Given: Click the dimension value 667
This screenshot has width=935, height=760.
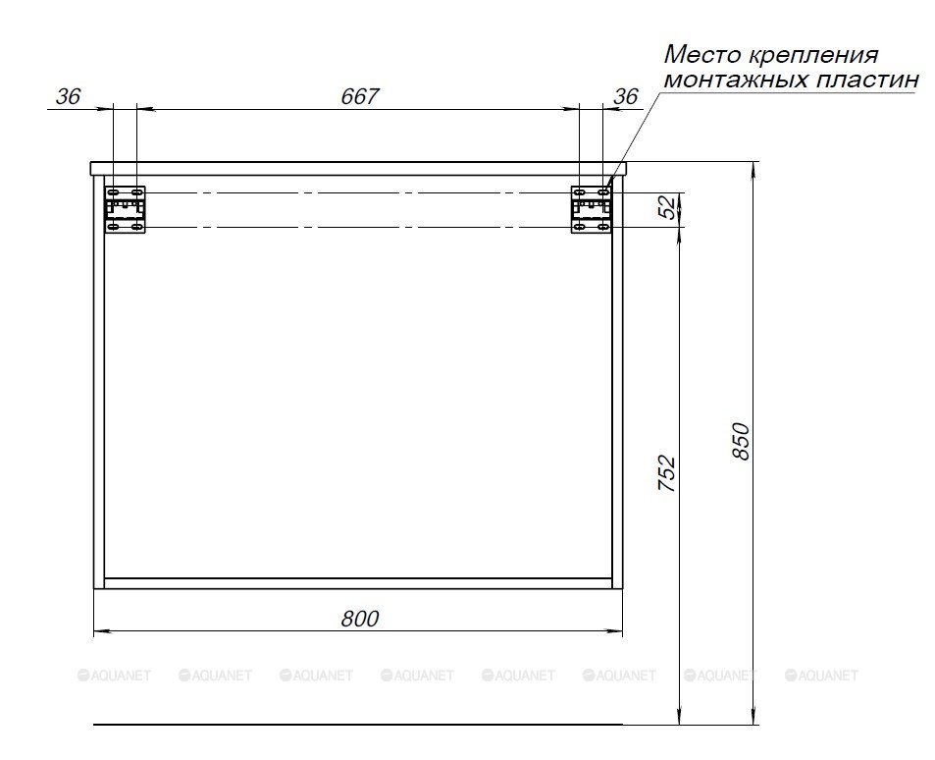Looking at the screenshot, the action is point(359,96).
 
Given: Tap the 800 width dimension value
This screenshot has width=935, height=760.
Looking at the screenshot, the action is point(359,619).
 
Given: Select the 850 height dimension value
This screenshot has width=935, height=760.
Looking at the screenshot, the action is point(740,441).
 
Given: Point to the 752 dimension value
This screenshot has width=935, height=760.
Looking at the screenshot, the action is point(666,473).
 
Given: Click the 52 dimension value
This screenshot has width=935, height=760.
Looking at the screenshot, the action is point(669,207).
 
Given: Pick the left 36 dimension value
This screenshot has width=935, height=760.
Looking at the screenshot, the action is point(68,96).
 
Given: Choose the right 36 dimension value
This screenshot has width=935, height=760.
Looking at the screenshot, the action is point(626,96).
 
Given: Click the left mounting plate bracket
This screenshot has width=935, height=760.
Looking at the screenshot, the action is point(126,209).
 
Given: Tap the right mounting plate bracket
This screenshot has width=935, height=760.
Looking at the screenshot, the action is point(591,209).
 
